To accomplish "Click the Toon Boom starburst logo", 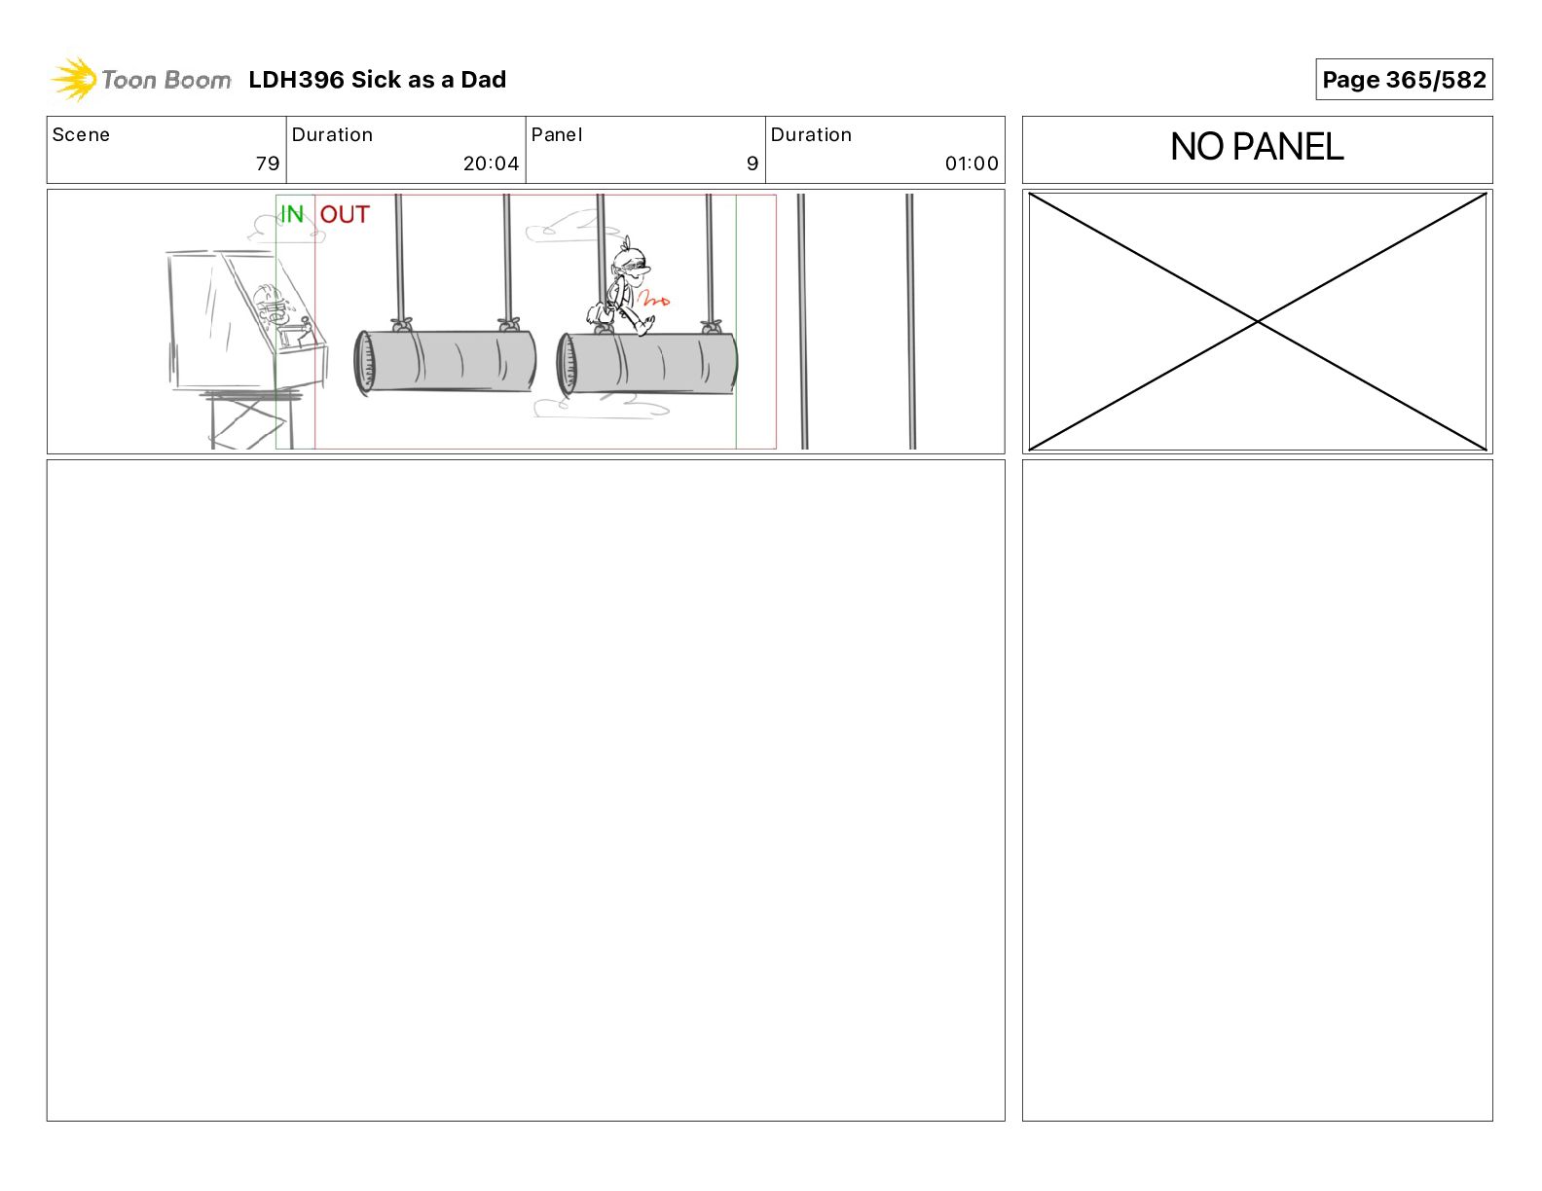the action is click(74, 79).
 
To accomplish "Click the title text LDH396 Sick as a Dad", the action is click(377, 80).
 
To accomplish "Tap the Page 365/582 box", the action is click(1403, 80).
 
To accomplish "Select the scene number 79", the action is click(268, 163).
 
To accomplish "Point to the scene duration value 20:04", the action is click(491, 163).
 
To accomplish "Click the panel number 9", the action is click(753, 163).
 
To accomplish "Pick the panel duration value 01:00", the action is click(972, 163).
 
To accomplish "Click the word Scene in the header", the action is click(81, 135).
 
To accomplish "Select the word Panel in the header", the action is click(556, 135).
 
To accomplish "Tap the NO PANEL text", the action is click(1257, 147).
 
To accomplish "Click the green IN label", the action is click(292, 214).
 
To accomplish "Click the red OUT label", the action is click(345, 214).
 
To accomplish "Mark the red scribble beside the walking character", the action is click(653, 300).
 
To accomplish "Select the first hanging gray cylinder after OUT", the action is click(445, 362).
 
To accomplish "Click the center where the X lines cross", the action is click(1257, 322).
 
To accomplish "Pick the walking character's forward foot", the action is click(644, 326).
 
